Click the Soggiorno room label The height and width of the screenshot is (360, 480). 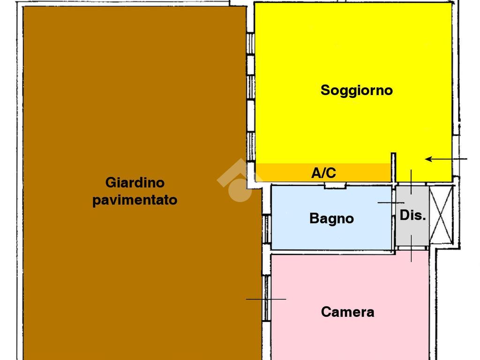(x=357, y=90)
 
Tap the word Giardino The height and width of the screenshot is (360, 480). (x=135, y=183)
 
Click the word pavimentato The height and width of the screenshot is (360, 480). (x=135, y=200)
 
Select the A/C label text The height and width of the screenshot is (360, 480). (x=323, y=172)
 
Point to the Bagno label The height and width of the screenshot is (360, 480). (x=331, y=218)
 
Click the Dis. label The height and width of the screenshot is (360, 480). (x=412, y=215)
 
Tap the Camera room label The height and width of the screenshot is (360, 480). (x=347, y=312)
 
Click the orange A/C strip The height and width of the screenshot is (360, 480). (x=323, y=172)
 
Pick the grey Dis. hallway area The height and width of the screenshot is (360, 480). (x=412, y=215)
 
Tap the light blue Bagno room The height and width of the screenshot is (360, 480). (x=331, y=217)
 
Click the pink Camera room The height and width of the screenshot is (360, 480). (x=350, y=307)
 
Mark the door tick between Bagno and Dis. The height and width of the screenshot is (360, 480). (x=391, y=202)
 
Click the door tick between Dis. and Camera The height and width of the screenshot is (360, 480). (x=411, y=248)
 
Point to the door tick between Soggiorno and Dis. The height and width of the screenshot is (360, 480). (x=411, y=182)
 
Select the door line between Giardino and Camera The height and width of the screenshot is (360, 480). (x=266, y=299)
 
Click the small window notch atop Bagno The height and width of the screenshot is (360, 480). (x=335, y=186)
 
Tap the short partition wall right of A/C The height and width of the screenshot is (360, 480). (x=394, y=167)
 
